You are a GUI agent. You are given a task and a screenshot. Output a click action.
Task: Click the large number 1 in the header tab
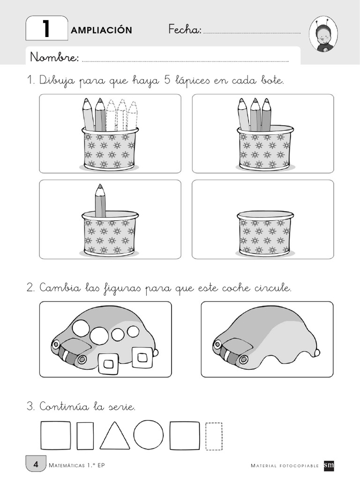46,29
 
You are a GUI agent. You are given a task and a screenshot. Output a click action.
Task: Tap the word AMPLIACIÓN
101,30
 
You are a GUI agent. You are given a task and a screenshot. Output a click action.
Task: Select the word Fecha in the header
184,30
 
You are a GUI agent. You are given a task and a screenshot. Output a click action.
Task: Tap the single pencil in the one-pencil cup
100,201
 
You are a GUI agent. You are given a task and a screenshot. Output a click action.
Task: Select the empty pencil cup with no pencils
263,232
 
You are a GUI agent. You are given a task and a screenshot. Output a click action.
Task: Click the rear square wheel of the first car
142,357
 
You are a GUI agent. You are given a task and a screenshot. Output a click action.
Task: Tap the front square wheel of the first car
108,363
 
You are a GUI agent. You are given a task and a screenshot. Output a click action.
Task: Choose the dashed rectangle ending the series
214,436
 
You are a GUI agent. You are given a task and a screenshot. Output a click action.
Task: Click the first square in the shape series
55,435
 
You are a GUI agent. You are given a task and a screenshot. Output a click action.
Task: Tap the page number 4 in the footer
36,465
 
